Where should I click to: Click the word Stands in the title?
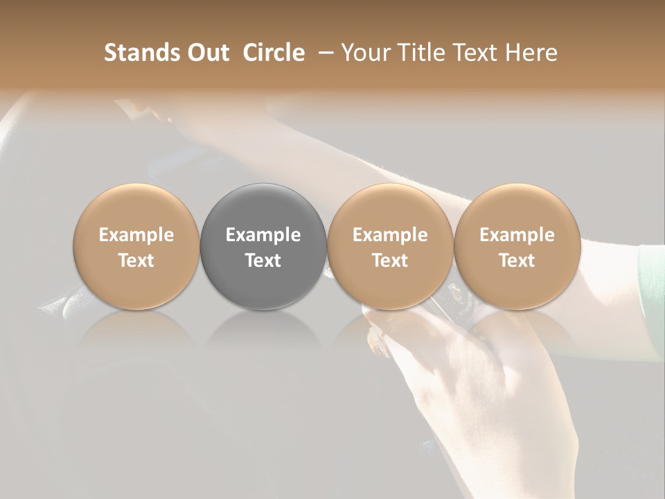point(142,53)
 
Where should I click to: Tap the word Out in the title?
point(207,53)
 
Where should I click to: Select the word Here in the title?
point(532,53)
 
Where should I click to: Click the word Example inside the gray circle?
point(263,235)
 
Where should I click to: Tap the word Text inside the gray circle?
point(263,261)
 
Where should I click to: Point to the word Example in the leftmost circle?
point(136,235)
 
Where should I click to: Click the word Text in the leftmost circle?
point(136,261)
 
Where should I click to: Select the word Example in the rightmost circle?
point(517,235)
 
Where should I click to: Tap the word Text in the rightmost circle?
point(517,261)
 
